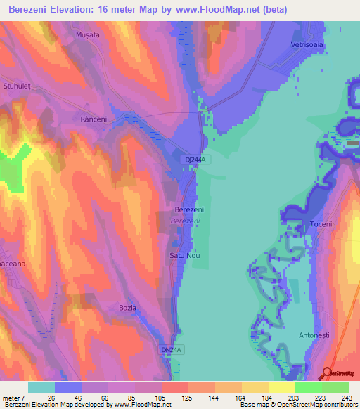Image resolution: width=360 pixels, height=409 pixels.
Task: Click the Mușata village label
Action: point(88,34)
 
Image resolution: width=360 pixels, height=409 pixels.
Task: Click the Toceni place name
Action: point(321,223)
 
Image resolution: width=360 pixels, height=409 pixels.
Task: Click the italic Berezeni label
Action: point(185,221)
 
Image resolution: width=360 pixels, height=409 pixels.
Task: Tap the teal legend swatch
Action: point(41,387)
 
